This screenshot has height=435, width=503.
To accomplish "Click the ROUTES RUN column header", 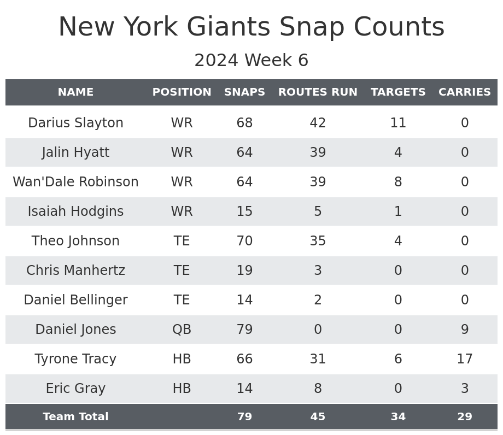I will [x=318, y=92].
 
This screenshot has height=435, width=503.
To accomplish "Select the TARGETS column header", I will [x=398, y=92].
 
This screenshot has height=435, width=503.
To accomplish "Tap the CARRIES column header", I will [x=465, y=92].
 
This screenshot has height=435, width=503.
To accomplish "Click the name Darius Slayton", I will [x=75, y=123].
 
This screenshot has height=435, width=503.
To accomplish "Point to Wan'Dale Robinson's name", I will [x=75, y=182].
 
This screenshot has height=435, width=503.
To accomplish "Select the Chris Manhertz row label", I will [x=75, y=271].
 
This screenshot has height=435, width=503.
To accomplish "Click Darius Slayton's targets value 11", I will [x=398, y=123].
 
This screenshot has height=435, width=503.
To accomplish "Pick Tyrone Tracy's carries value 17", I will [x=465, y=359].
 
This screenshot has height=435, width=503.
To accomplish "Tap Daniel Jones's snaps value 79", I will [x=244, y=330].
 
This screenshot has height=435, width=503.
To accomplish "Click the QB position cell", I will [x=182, y=330].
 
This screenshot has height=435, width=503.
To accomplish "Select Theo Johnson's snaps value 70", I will [x=244, y=241].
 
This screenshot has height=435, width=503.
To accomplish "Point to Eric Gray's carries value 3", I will [x=465, y=389].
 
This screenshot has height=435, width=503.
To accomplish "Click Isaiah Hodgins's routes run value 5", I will [x=318, y=211].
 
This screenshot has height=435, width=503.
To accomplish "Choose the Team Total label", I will [x=75, y=417].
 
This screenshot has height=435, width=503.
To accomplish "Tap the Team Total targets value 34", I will [x=398, y=417].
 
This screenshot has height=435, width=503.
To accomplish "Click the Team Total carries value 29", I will [x=465, y=417].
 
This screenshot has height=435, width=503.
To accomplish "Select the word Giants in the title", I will [x=229, y=27].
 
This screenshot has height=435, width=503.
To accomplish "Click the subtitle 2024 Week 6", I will [x=251, y=61].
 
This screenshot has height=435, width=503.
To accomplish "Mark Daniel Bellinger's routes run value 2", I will [x=318, y=300].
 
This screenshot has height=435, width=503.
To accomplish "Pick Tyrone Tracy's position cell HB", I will [x=182, y=359].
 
